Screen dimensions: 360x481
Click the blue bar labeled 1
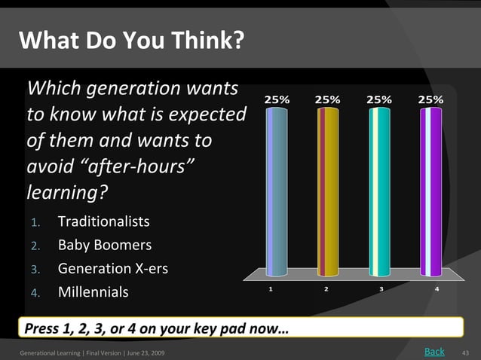[x=277, y=192]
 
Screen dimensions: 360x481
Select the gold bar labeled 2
[x=327, y=192]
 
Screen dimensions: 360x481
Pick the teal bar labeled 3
[x=379, y=192]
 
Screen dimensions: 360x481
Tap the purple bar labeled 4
[x=430, y=192]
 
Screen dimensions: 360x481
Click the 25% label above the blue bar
[x=276, y=99]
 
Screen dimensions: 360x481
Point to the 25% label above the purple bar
[x=430, y=99]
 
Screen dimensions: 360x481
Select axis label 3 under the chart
[x=381, y=288]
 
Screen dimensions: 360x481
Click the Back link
[x=434, y=351]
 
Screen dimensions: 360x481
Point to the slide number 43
[x=465, y=352]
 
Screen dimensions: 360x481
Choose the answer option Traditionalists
[x=103, y=222]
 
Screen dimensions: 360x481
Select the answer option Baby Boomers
[x=104, y=245]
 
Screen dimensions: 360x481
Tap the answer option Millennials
[x=93, y=291]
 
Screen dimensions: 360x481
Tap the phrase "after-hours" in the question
[x=144, y=166]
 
